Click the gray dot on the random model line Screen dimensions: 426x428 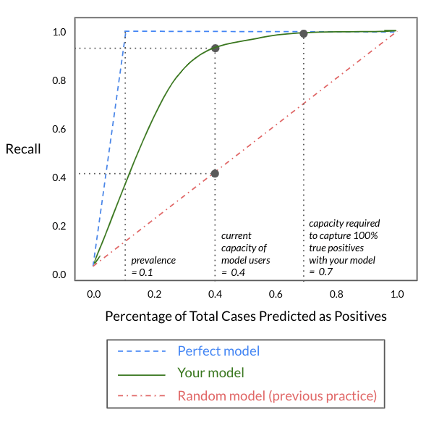(x=215, y=173)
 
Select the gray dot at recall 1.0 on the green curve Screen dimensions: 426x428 (x=304, y=33)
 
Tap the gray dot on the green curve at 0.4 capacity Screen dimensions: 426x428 (x=216, y=49)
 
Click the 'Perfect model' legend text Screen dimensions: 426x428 (x=218, y=351)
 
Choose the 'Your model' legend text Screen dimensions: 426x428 (x=210, y=373)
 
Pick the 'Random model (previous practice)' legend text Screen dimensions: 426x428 (x=277, y=396)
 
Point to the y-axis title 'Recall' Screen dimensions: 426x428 (x=23, y=149)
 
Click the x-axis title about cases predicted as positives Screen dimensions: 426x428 (x=246, y=316)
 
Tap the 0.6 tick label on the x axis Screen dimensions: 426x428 (x=276, y=294)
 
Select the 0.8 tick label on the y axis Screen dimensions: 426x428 (x=59, y=80)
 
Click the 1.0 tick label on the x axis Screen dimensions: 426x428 (x=397, y=294)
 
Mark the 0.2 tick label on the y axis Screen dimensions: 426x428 (x=59, y=226)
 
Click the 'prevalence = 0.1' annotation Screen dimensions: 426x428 (x=153, y=267)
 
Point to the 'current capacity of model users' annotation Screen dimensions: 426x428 (x=246, y=254)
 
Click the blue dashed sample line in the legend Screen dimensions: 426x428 (x=142, y=351)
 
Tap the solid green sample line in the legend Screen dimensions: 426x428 (x=142, y=375)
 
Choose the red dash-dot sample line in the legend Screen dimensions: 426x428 (x=142, y=395)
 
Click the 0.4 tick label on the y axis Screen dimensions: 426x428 (x=59, y=177)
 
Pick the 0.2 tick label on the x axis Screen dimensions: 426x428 (x=154, y=294)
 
